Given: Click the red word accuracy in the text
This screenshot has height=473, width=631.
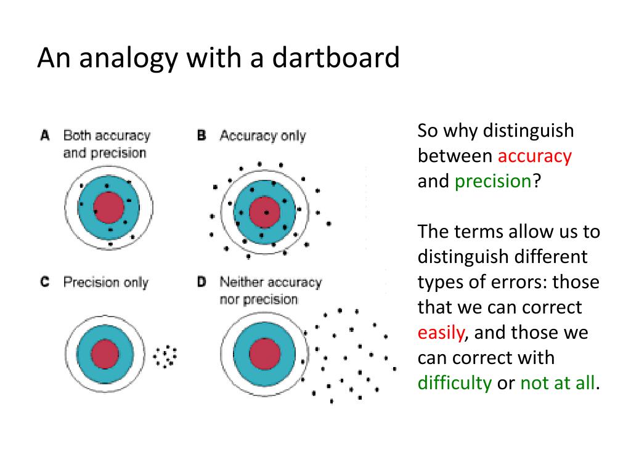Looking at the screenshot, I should tap(535, 156).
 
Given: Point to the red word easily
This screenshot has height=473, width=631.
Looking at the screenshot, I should tap(441, 333).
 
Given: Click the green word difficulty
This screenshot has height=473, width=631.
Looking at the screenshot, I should tap(455, 383).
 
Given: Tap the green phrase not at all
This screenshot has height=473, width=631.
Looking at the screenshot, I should tap(558, 383).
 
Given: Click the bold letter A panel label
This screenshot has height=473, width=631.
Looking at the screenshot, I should tap(44, 135).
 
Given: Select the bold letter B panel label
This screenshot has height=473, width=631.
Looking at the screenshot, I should tap(202, 135).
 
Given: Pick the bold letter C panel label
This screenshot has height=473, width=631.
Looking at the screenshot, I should tap(44, 282).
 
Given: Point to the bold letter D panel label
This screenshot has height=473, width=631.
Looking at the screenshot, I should tap(202, 282).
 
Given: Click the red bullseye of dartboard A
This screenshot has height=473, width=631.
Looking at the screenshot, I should tap(109, 207).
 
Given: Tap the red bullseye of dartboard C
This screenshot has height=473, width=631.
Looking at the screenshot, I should tap(105, 354).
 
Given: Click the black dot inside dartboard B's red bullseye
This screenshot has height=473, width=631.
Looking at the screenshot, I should tap(266, 212).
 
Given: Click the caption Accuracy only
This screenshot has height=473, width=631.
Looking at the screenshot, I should tap(263, 135).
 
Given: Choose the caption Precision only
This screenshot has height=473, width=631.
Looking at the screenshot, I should tap(106, 283).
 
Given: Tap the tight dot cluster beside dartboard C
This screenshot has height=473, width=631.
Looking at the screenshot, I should tap(165, 356).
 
